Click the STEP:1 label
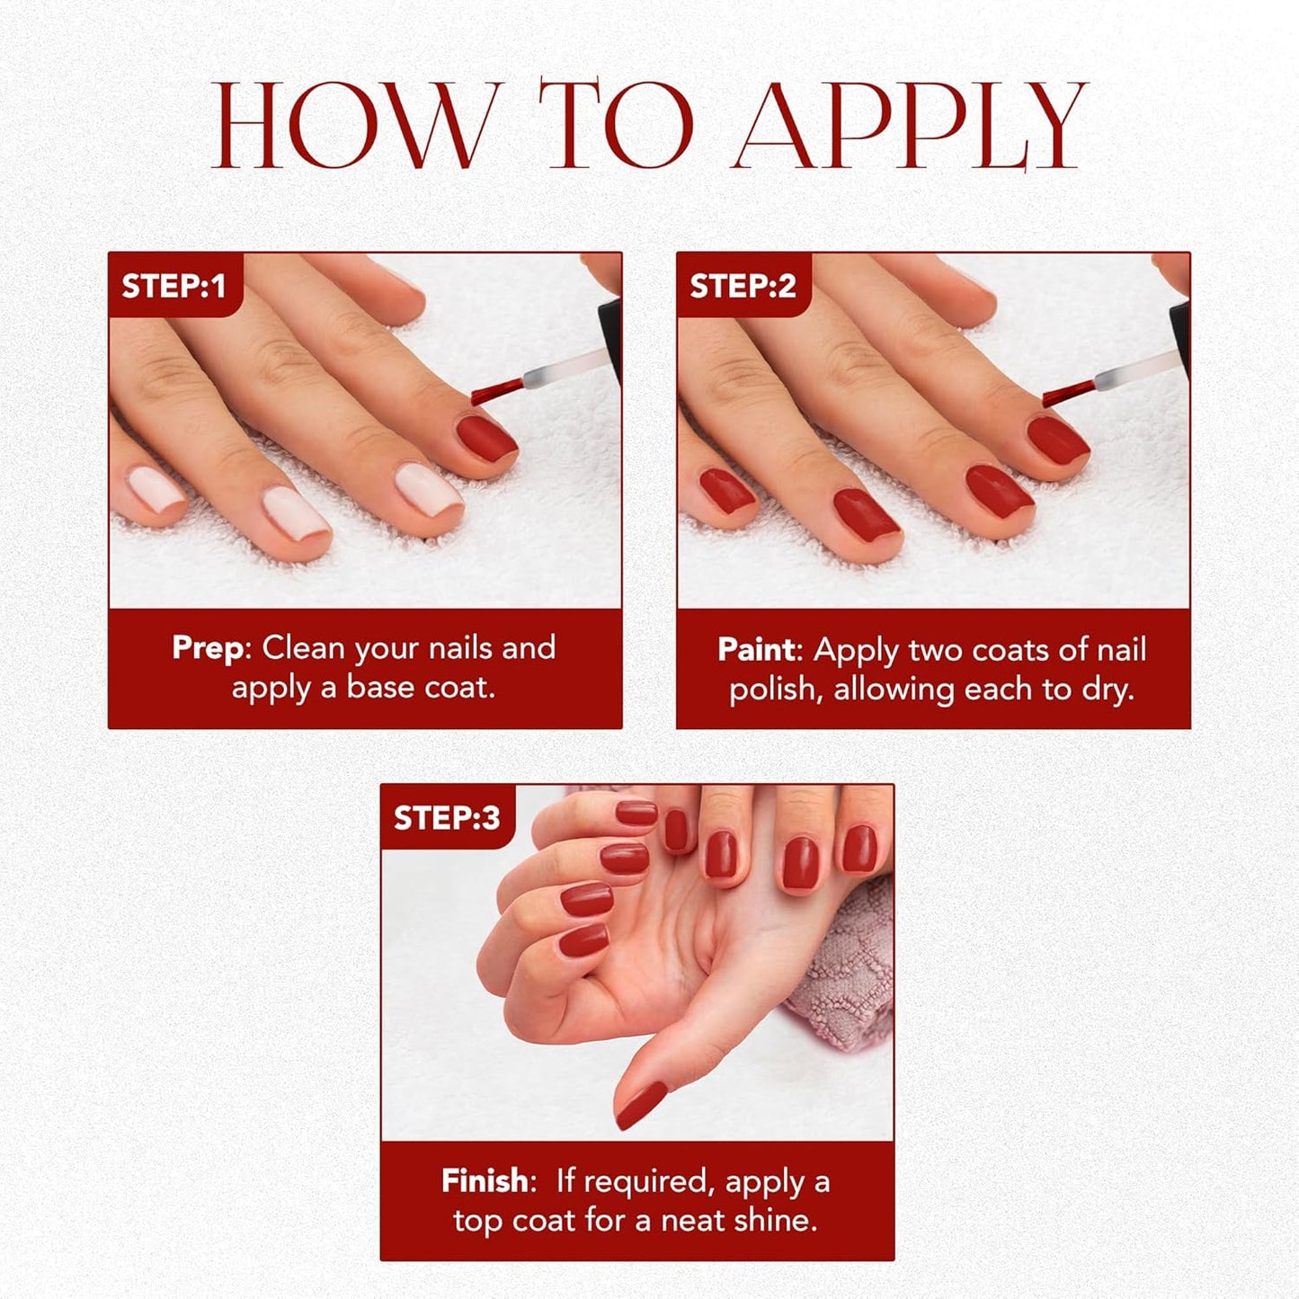(174, 286)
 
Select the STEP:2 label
(743, 286)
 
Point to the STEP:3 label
(447, 818)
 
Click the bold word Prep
(208, 648)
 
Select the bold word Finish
(485, 1180)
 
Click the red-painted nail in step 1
(485, 436)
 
